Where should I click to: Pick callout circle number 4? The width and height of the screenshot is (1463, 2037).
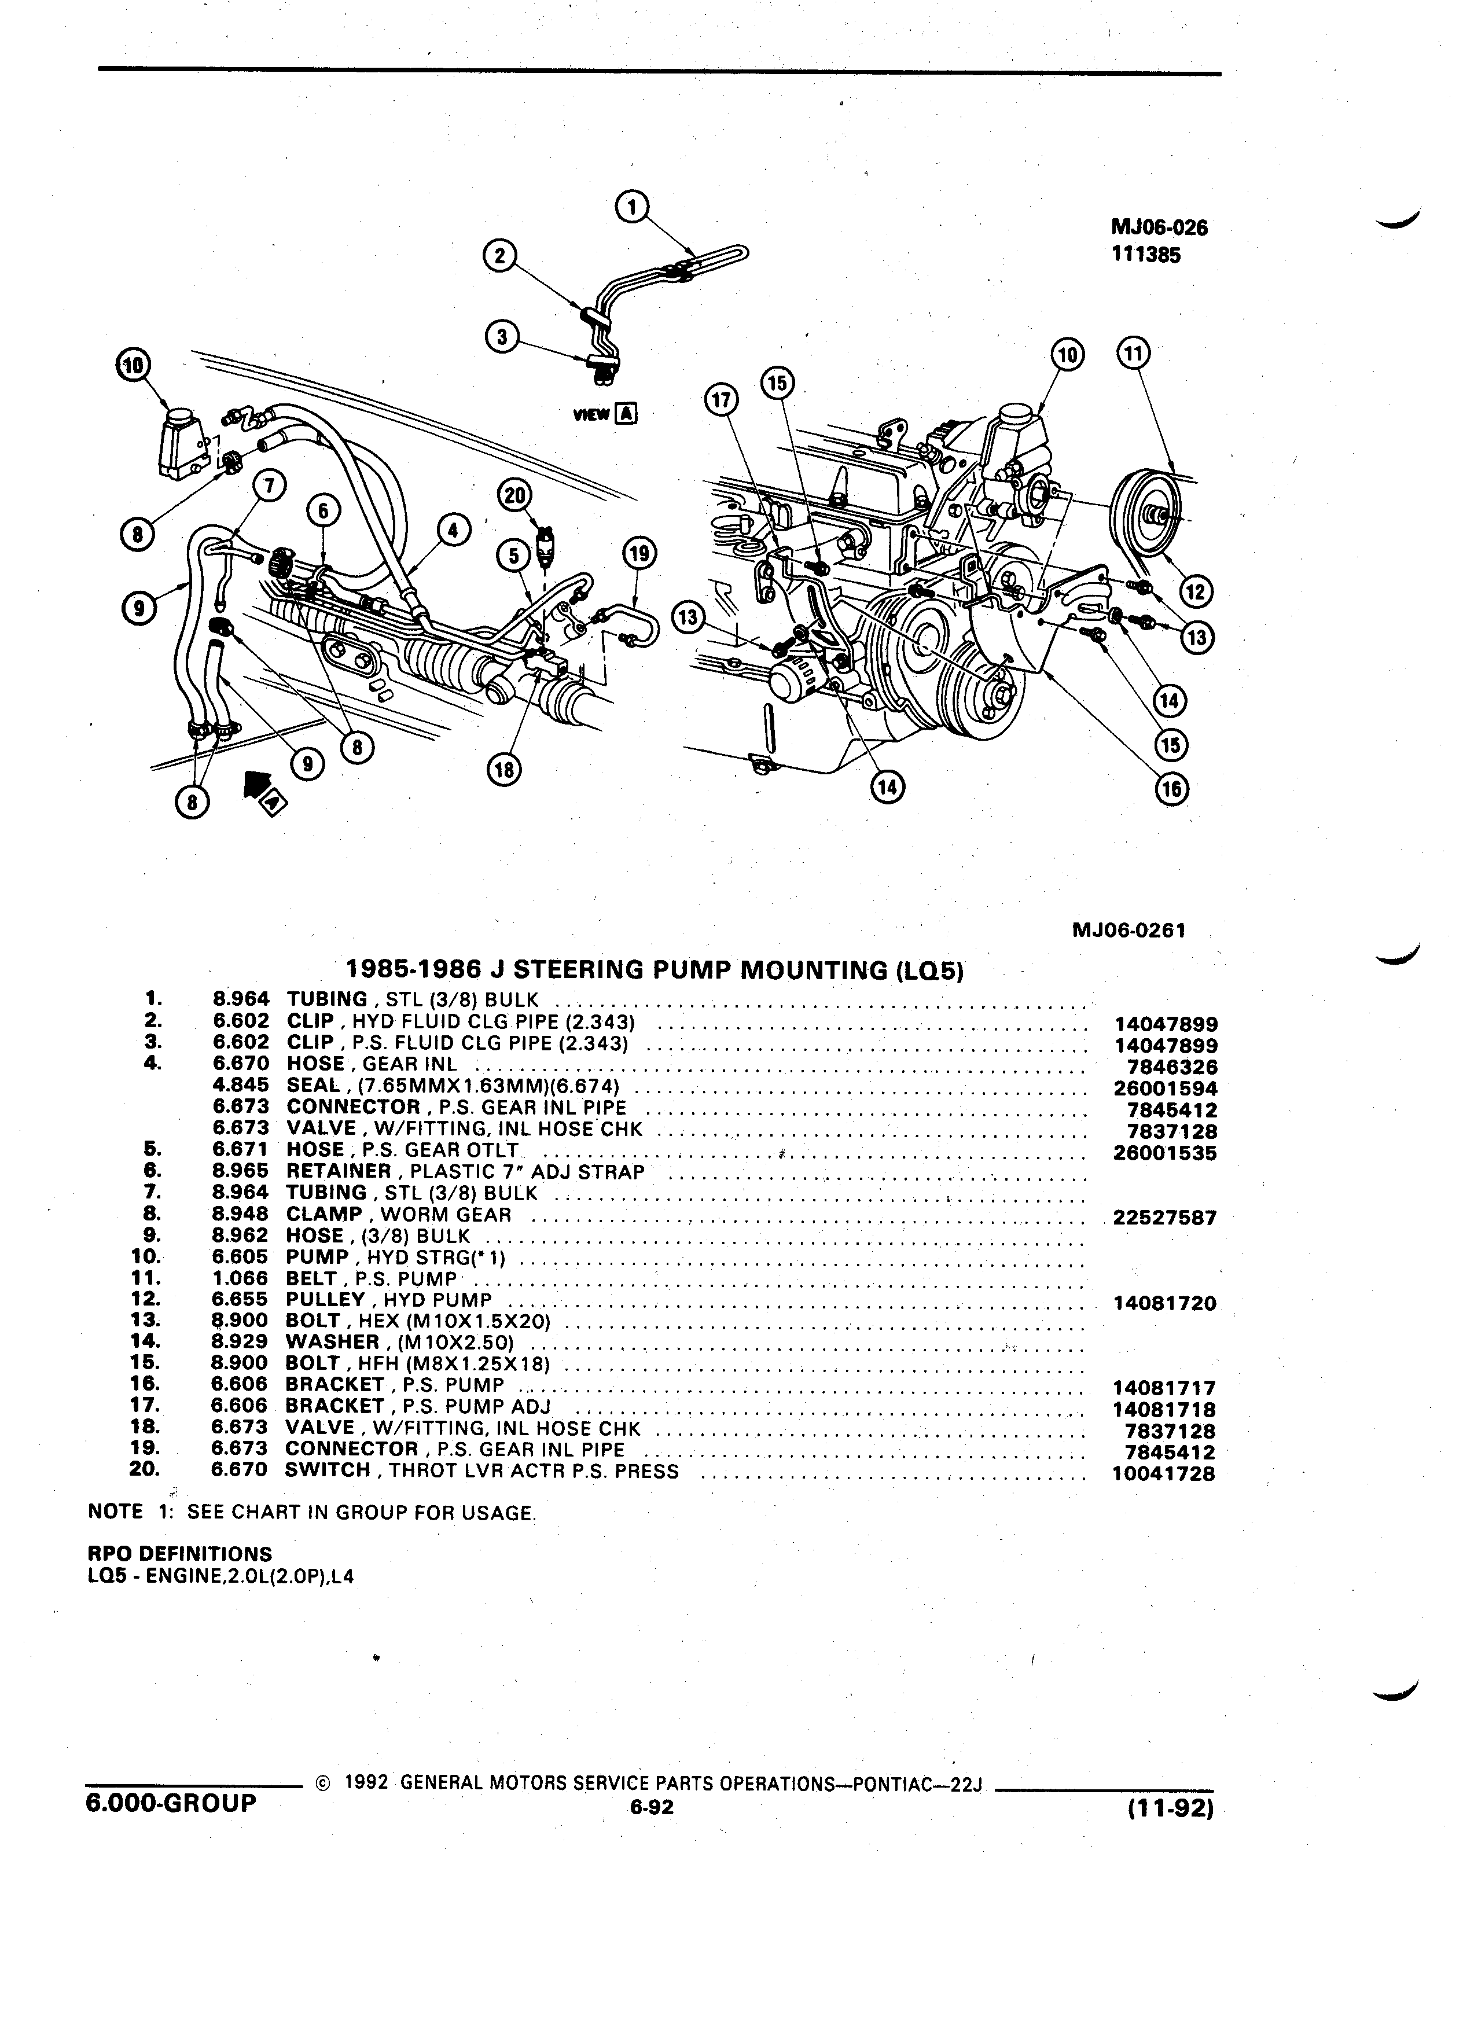454,531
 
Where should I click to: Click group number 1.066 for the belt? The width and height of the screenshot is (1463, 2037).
241,1278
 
